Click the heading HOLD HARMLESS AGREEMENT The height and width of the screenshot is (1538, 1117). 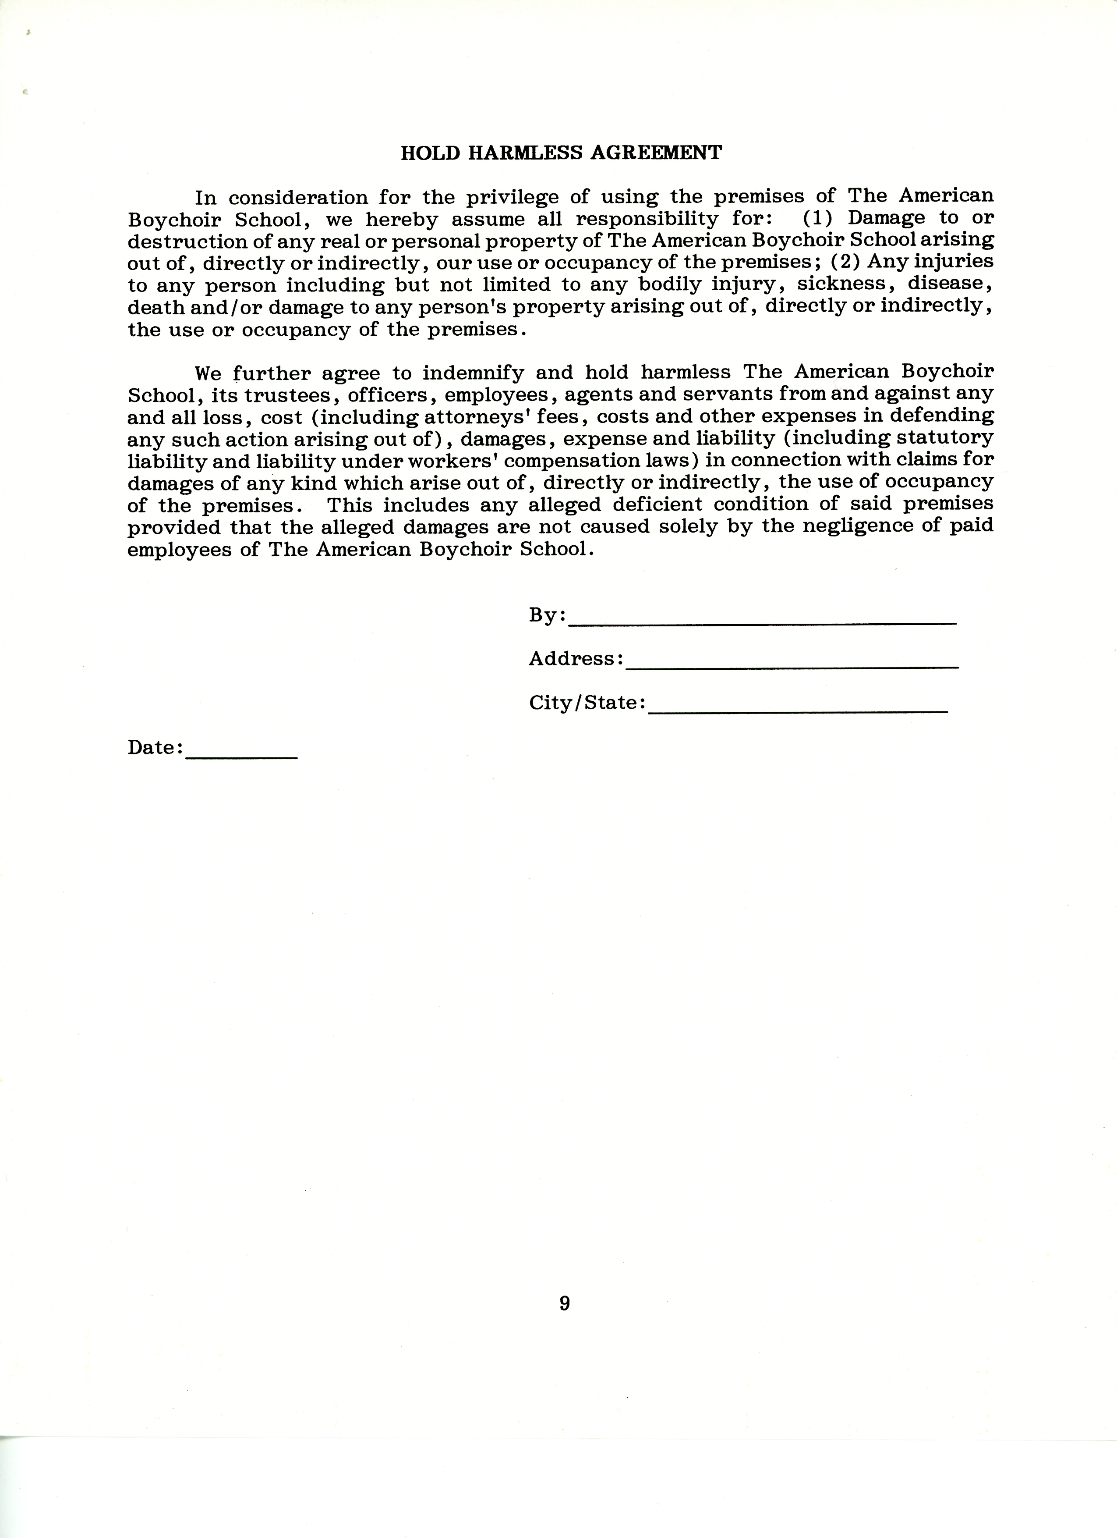tap(561, 153)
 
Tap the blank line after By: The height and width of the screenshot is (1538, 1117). tap(762, 621)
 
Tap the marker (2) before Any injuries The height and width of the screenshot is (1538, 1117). tap(846, 262)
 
